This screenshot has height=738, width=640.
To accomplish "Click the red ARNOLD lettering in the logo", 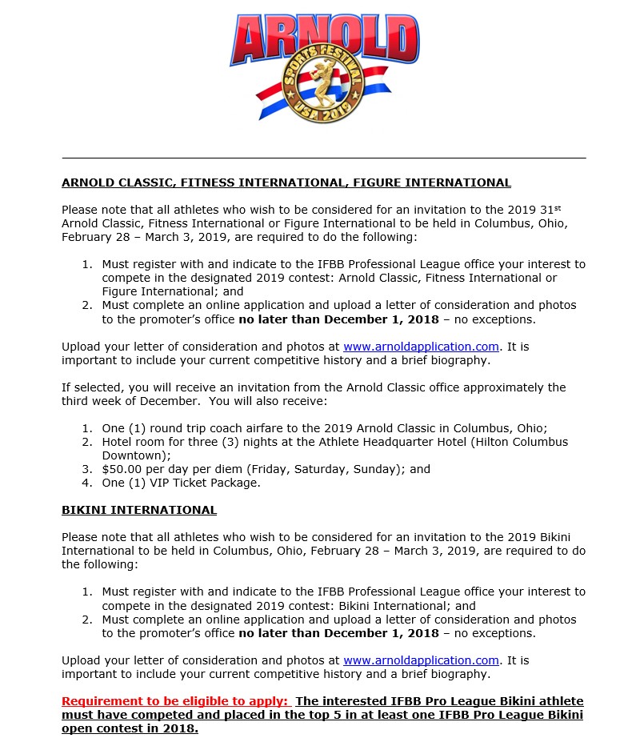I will pyautogui.click(x=325, y=37).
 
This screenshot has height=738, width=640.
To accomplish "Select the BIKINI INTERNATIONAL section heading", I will pyautogui.click(x=139, y=510).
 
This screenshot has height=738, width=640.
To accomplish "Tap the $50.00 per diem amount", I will pyautogui.click(x=122, y=469).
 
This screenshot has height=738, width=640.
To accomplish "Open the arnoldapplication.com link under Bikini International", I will pyautogui.click(x=421, y=660).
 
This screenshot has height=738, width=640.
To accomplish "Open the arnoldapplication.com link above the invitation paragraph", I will pyautogui.click(x=421, y=347).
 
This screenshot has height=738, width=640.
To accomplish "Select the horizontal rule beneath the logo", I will pyautogui.click(x=323, y=158).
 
